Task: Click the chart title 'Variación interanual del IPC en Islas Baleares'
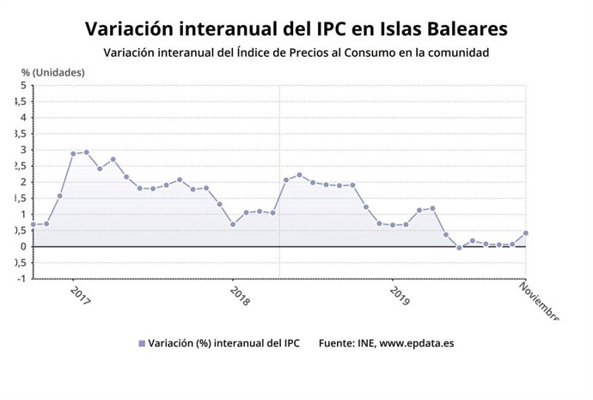pos(296,29)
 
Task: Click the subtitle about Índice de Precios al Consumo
pos(296,53)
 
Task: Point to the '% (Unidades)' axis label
pos(53,72)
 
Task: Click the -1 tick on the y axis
pos(21,279)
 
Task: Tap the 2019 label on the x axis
pos(399,296)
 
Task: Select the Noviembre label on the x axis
pos(540,299)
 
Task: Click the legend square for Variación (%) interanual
pos(142,343)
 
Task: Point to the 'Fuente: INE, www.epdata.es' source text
pos(386,343)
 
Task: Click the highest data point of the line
pos(86,152)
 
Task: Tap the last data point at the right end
pos(525,233)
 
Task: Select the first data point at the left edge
pos(33,225)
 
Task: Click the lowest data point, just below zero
pos(459,248)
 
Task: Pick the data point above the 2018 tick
pos(232,225)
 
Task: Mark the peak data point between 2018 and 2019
pos(299,175)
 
